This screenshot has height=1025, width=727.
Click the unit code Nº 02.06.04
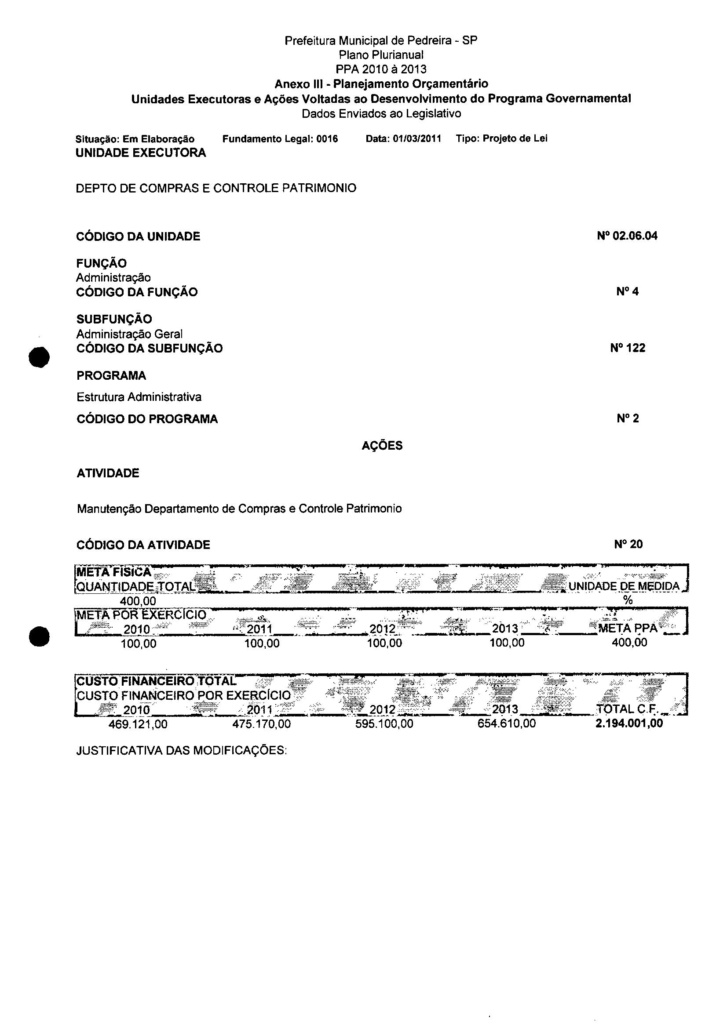point(627,236)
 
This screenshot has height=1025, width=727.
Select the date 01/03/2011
point(417,139)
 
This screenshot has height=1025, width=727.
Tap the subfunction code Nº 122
point(628,348)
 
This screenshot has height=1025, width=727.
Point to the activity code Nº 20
point(628,545)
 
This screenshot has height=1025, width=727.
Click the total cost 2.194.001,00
point(629,723)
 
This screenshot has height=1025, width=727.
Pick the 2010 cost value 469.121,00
point(138,724)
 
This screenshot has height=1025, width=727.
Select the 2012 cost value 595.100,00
point(384,723)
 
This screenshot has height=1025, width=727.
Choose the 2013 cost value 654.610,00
point(506,723)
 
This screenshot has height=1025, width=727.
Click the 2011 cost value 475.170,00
point(261,724)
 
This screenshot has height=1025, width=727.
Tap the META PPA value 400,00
point(629,643)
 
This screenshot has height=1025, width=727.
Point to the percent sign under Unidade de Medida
point(628,600)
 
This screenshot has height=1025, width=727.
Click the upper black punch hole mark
point(39,357)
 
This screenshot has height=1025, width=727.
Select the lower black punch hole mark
point(39,636)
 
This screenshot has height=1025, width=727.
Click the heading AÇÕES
point(382,446)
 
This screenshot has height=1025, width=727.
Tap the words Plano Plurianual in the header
point(381,55)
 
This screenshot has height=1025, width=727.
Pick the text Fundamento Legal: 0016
point(280,139)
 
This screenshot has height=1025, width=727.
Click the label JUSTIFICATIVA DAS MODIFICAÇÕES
point(181,750)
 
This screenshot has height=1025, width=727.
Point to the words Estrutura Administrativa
point(139,397)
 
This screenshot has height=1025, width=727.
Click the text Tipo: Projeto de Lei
point(501,138)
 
